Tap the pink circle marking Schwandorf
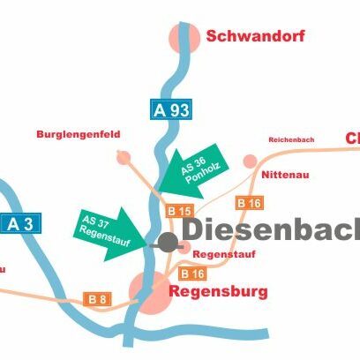[184, 36]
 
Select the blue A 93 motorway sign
[170, 110]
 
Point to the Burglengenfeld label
[79, 134]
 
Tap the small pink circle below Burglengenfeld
[124, 156]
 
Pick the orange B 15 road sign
[178, 212]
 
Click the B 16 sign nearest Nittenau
[249, 203]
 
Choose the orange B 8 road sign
[97, 299]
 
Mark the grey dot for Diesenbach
[168, 242]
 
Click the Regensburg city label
[218, 290]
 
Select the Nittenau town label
[286, 175]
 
